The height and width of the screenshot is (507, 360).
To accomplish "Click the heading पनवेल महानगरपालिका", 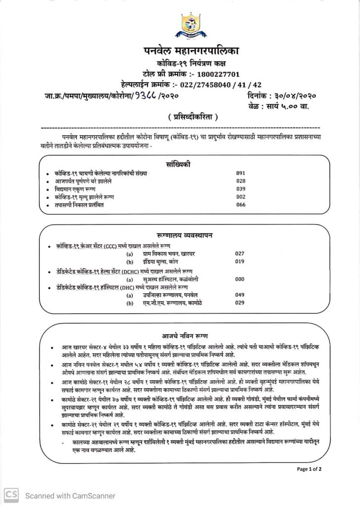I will pyautogui.click(x=191, y=51).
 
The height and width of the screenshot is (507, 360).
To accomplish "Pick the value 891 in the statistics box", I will pyautogui.click(x=242, y=173).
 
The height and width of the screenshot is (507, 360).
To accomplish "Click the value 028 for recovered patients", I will pyautogui.click(x=242, y=181).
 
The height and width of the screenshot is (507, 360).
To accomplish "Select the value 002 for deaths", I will pyautogui.click(x=242, y=197).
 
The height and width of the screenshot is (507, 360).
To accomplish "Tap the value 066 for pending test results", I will pyautogui.click(x=242, y=204).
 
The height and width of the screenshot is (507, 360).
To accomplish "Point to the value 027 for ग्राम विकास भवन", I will pyautogui.click(x=240, y=253).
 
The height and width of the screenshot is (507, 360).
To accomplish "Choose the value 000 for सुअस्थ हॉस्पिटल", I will pyautogui.click(x=240, y=279).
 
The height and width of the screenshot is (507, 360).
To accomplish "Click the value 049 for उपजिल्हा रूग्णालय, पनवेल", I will pyautogui.click(x=240, y=295).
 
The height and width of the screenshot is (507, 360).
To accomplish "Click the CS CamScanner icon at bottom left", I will pyautogui.click(x=11, y=495).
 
